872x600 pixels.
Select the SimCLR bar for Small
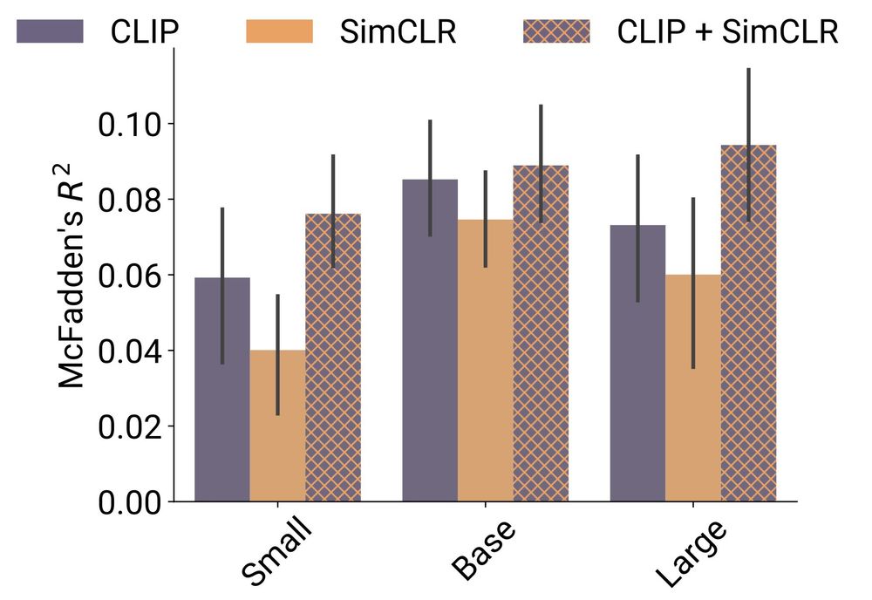277,426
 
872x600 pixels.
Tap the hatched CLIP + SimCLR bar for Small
332,358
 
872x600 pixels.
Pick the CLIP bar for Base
429,340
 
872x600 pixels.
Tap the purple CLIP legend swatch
50,31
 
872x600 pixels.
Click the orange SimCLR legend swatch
280,31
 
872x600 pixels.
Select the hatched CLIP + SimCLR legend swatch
555,31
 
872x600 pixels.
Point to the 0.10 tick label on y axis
130,124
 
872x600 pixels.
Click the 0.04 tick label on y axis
130,351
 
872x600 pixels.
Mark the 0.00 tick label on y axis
130,502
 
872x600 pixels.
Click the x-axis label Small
277,554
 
